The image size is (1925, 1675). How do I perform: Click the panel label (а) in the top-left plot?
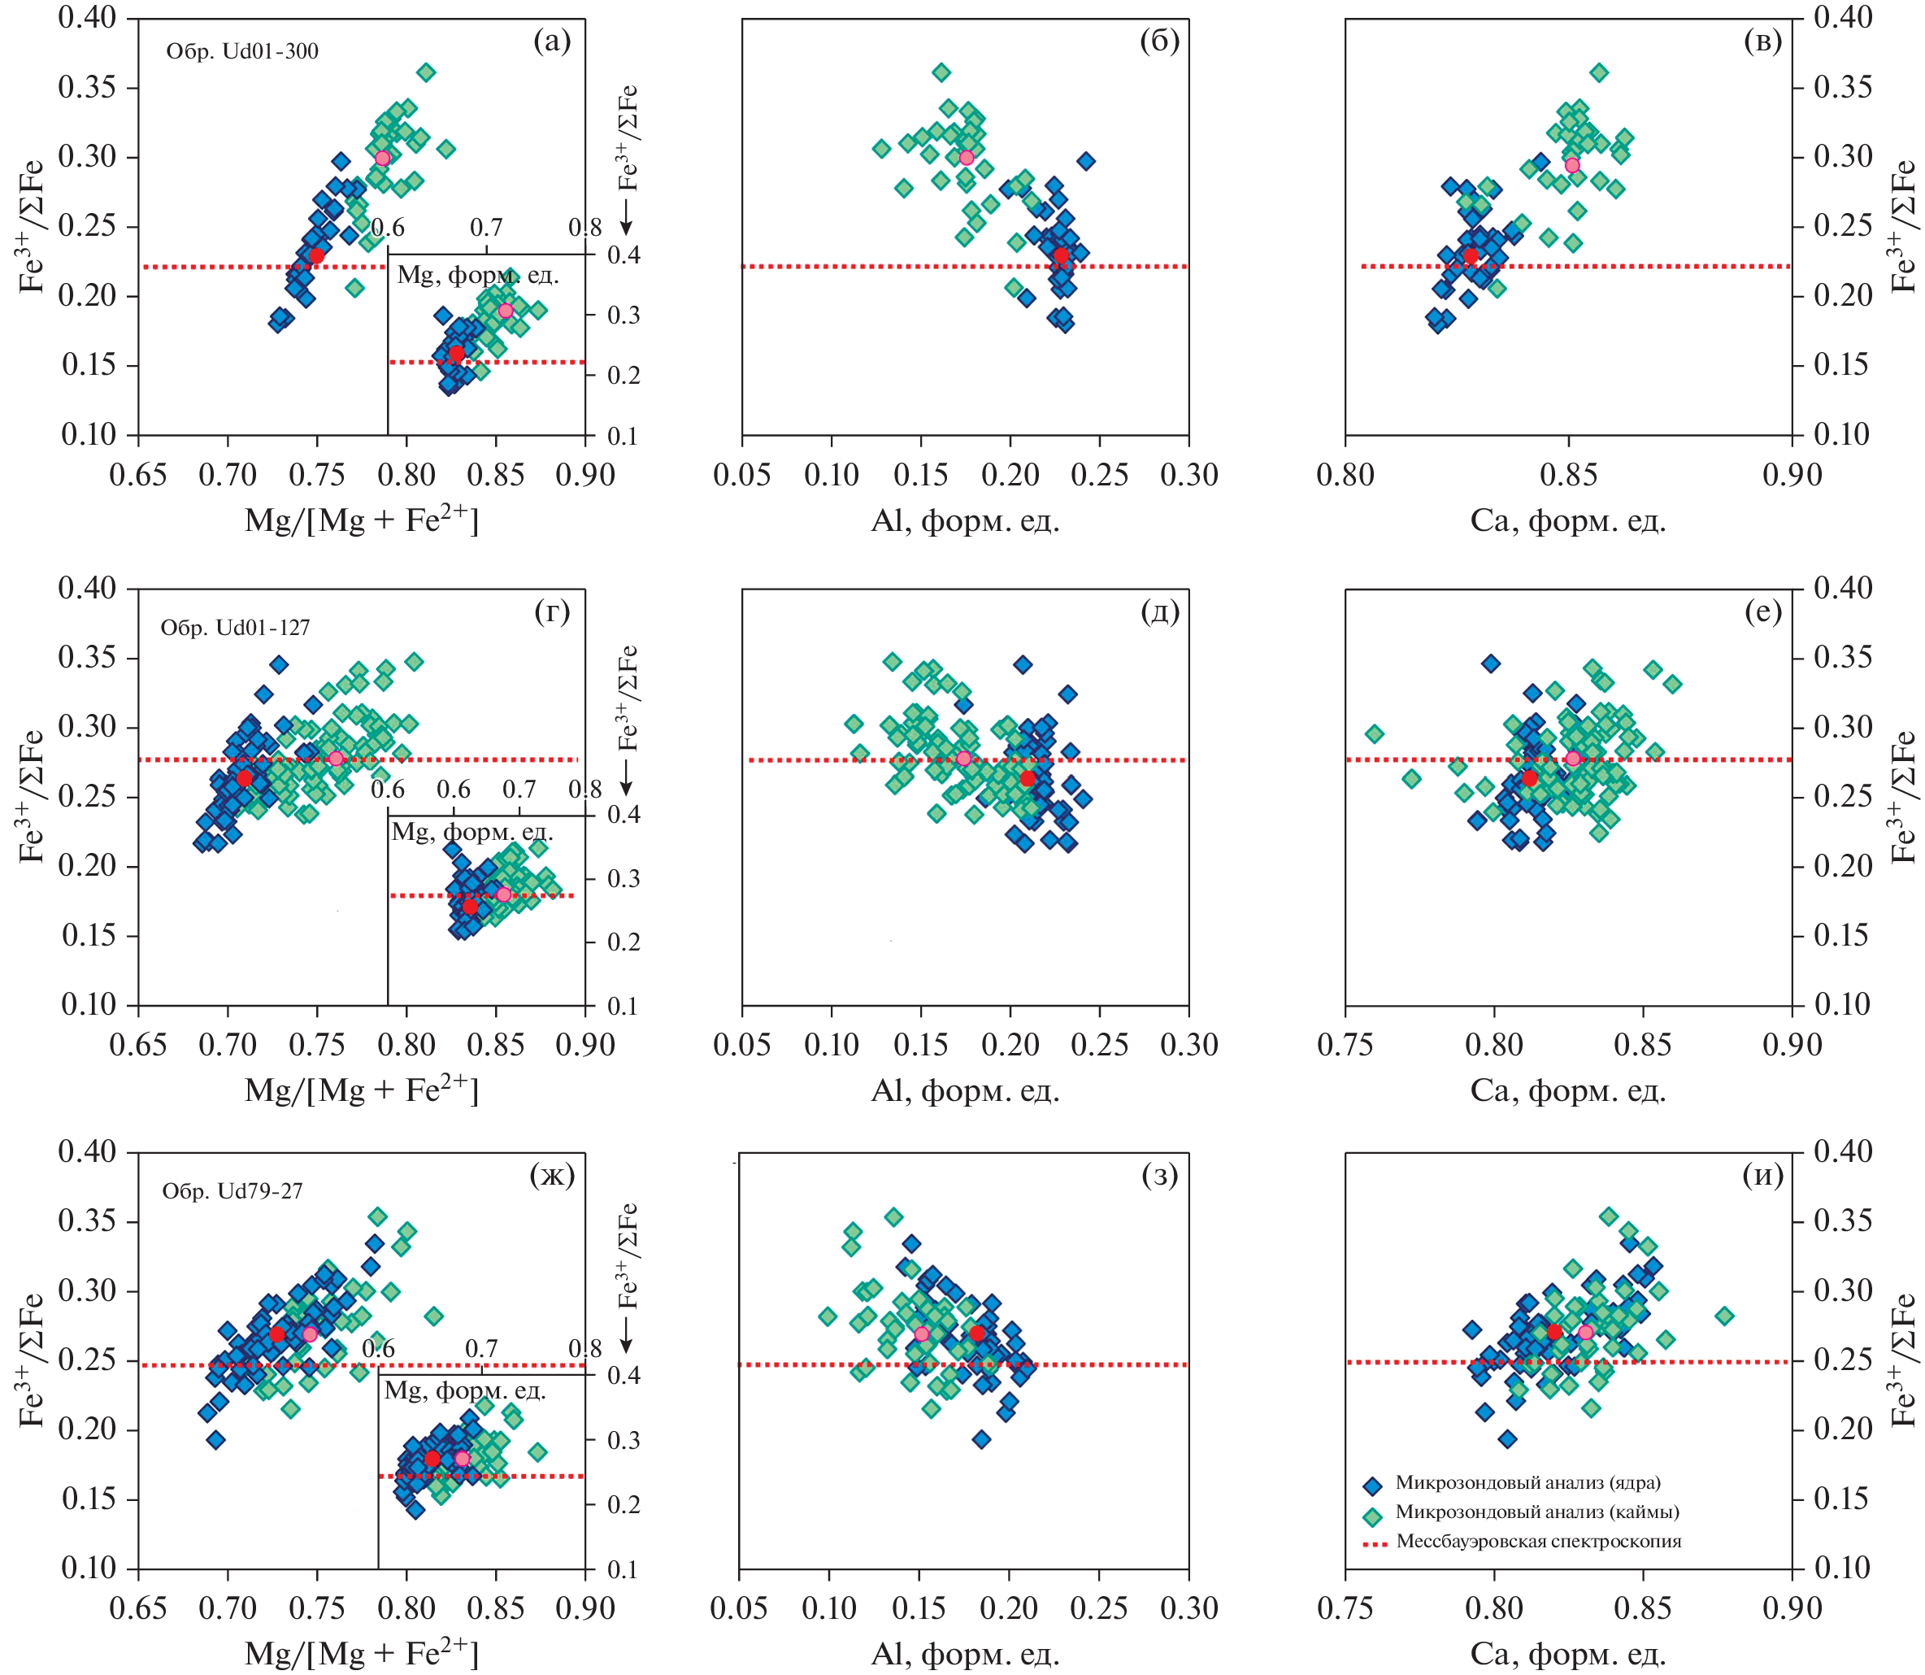point(551,41)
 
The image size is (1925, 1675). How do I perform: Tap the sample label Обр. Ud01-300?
point(242,51)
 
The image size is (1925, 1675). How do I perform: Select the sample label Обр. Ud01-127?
point(236,627)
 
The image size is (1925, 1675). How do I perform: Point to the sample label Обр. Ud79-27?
point(232,1191)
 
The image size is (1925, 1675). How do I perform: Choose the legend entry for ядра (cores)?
point(1527,1482)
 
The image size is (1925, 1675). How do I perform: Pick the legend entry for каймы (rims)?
point(1536,1512)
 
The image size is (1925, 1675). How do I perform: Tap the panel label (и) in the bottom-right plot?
point(1762,1174)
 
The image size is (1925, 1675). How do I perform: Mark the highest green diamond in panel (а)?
point(426,72)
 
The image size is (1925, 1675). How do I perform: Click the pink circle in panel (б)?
point(967,158)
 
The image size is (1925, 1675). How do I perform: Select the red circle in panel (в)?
point(1470,256)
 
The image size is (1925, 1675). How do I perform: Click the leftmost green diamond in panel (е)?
point(1374,733)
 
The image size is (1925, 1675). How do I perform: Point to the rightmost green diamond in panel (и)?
point(1724,1316)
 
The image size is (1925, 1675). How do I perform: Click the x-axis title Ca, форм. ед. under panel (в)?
point(1568,520)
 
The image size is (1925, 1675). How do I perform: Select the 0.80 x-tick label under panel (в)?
point(1345,475)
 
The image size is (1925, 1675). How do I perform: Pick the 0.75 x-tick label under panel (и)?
point(1345,1608)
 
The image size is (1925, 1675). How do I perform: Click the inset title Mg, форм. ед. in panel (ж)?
point(464,1391)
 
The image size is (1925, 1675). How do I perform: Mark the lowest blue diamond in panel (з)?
point(981,1439)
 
